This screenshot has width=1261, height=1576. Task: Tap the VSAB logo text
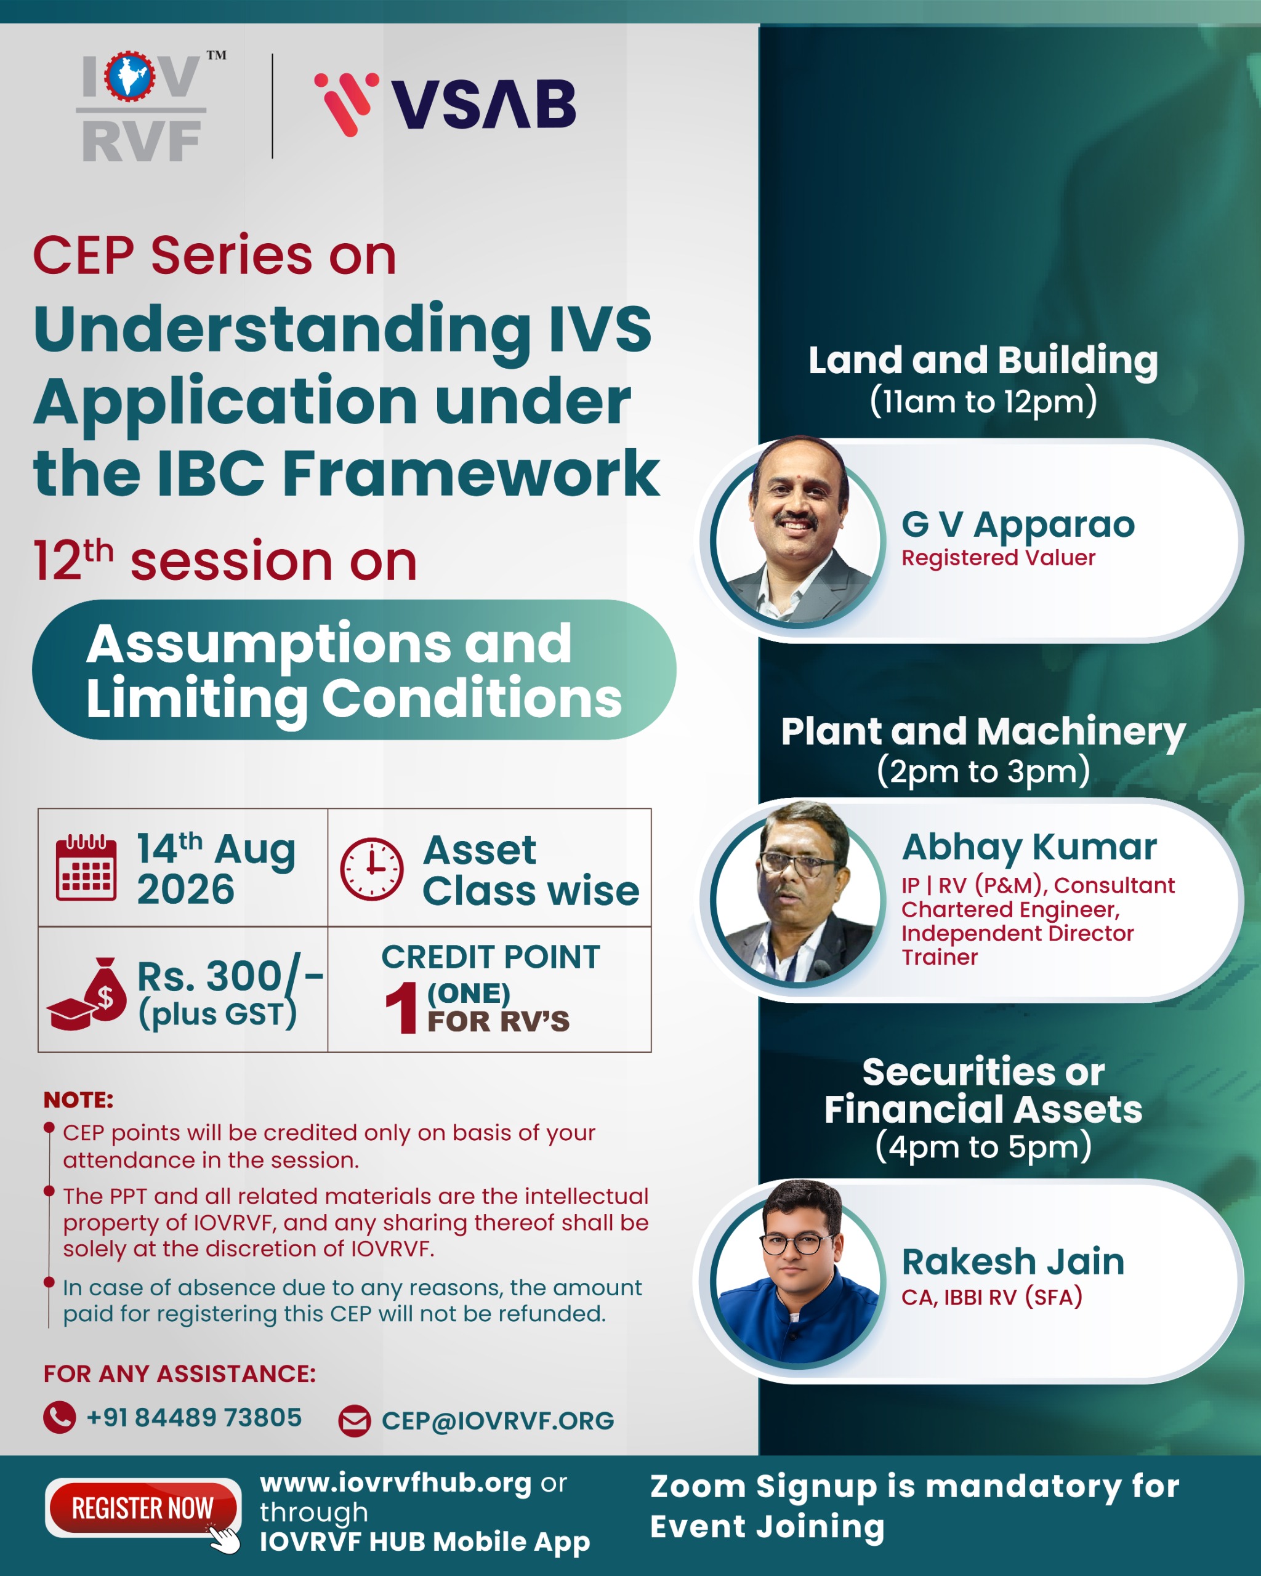tap(483, 104)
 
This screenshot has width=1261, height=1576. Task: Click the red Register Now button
tap(143, 1508)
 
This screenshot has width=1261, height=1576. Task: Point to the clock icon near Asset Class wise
tap(371, 869)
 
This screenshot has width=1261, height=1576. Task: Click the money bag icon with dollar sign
tap(87, 994)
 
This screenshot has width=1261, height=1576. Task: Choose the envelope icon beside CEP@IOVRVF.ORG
tap(355, 1421)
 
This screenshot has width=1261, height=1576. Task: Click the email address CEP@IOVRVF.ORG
tap(498, 1421)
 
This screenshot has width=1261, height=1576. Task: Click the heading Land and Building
tap(983, 360)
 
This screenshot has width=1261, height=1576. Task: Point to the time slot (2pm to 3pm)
tap(983, 771)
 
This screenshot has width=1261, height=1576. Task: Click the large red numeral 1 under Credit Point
tap(401, 1007)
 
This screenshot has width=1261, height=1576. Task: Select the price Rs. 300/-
tap(230, 976)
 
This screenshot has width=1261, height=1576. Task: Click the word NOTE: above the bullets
tap(78, 1100)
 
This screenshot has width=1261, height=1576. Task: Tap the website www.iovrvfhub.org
tap(395, 1482)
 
